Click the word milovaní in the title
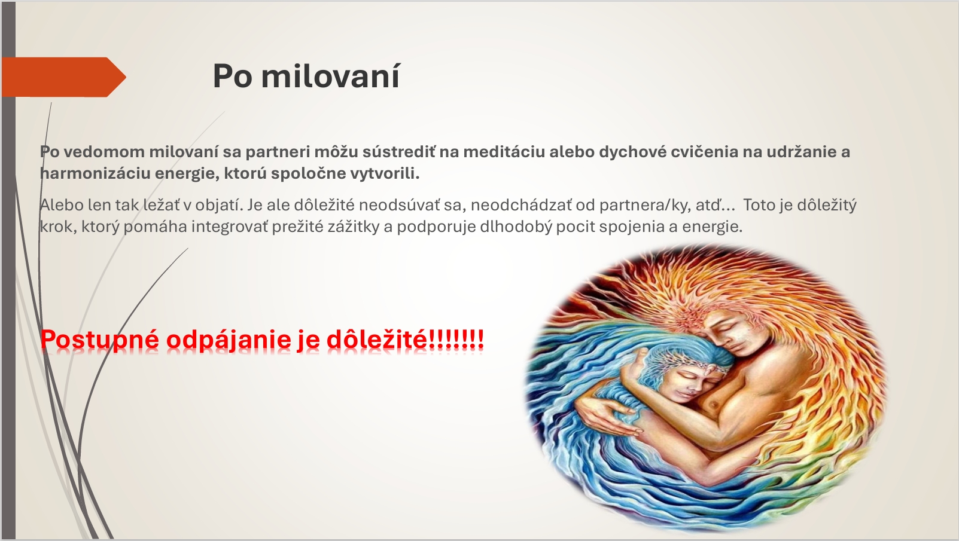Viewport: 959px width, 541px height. click(330, 77)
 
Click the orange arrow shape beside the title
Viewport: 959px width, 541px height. click(64, 77)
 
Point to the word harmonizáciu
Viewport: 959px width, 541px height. click(95, 173)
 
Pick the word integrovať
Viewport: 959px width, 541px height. click(230, 226)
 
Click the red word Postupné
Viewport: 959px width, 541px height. click(100, 340)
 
